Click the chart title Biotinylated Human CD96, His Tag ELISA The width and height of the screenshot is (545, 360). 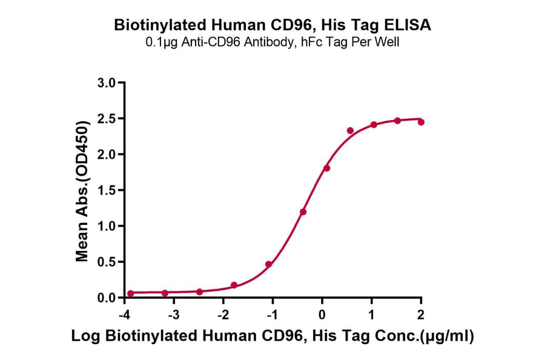pos(272,25)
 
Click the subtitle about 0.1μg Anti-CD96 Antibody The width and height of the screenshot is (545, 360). pos(272,42)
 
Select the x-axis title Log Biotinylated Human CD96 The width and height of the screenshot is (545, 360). pos(272,336)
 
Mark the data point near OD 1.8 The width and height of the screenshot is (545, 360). pos(327,168)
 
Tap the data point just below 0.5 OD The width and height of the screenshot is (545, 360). pos(268,264)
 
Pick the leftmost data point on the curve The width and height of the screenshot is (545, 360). pos(130,293)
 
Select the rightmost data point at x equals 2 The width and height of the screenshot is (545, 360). pos(421,122)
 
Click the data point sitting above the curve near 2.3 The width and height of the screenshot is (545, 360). pos(350,130)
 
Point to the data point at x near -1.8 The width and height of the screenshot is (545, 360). pos(234,285)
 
